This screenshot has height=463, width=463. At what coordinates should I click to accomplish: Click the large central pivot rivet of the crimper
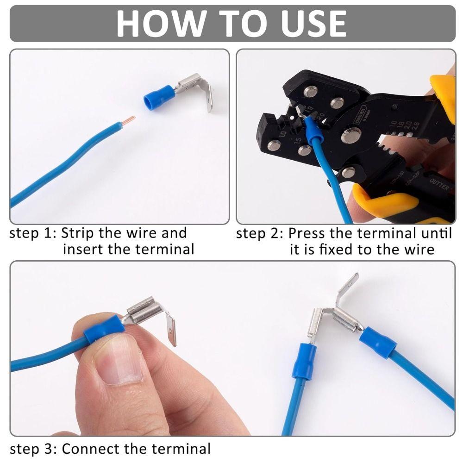pyautogui.click(x=351, y=136)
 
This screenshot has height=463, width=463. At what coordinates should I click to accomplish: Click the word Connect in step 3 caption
pyautogui.click(x=94, y=449)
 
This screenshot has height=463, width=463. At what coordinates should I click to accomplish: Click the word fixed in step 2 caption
pyautogui.click(x=337, y=250)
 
